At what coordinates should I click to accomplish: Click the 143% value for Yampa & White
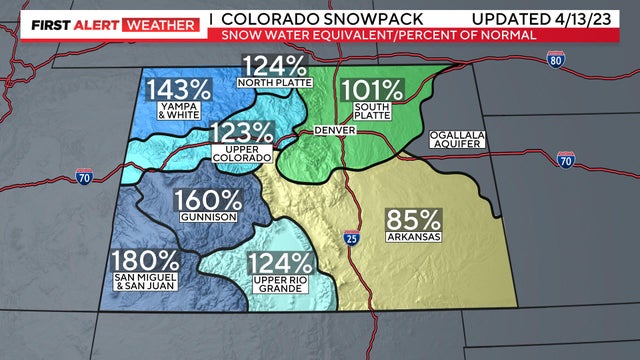180,89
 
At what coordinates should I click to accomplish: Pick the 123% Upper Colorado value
242,133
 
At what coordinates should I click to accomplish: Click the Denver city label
334,131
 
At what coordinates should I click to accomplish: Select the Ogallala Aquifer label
458,140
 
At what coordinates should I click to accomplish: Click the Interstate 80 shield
554,62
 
